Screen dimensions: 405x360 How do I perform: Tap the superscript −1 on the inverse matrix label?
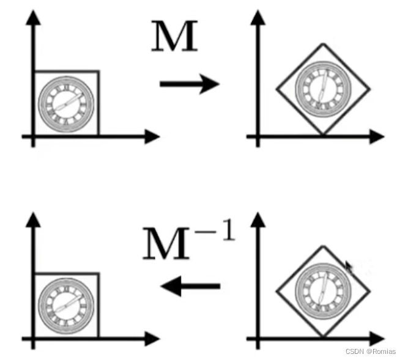(x=220, y=234)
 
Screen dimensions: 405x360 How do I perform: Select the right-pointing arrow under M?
(x=189, y=84)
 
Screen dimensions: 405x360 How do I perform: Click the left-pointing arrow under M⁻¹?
(x=189, y=285)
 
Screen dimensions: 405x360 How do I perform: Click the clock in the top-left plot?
(x=65, y=102)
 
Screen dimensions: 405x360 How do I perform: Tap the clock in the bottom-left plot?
(x=65, y=304)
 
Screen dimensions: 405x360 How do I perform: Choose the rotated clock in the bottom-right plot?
(x=322, y=291)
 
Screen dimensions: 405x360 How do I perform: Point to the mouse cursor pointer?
(x=349, y=266)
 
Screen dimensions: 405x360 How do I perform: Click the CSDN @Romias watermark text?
(x=371, y=351)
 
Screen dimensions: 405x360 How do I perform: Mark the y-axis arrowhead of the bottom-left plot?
(x=34, y=219)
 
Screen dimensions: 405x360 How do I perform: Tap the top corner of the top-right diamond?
(x=323, y=44)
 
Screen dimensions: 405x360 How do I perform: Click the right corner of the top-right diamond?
(x=370, y=90)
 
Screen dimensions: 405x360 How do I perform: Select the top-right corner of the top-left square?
(x=98, y=72)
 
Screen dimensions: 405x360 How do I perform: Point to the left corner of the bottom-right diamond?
(x=277, y=291)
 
